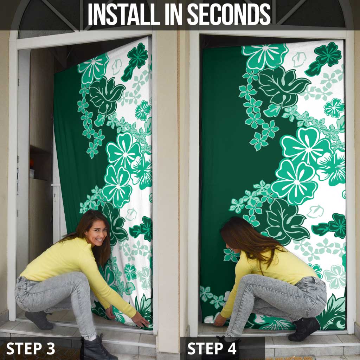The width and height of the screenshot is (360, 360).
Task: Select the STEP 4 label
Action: point(212,348)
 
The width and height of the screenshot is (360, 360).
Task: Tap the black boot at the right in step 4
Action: point(303,329)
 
